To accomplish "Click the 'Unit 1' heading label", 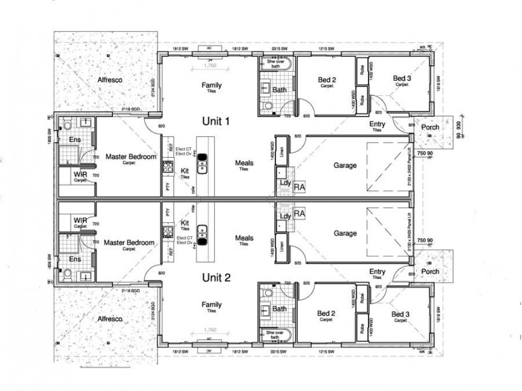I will pyautogui.click(x=217, y=122).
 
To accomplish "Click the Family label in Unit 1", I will pyautogui.click(x=211, y=85).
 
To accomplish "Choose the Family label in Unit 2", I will pyautogui.click(x=211, y=304).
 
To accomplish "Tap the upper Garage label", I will pyautogui.click(x=345, y=166).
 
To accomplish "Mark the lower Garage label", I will pyautogui.click(x=345, y=233).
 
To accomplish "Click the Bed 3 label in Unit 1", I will pyautogui.click(x=401, y=79).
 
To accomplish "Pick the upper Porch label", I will pyautogui.click(x=429, y=127).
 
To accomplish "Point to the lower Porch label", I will pyautogui.click(x=429, y=272).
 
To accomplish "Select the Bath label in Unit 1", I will pyautogui.click(x=280, y=90).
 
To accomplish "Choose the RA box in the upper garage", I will pyautogui.click(x=299, y=187).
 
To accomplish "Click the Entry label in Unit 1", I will pyautogui.click(x=376, y=124).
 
